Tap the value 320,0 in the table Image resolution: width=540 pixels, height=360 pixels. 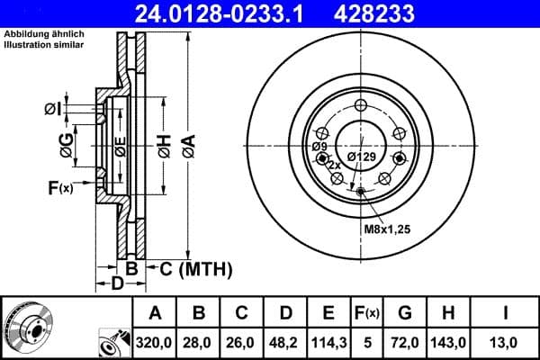click(155, 343)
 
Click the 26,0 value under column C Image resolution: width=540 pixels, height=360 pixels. click(242, 343)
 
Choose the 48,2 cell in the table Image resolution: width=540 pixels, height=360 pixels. click(285, 343)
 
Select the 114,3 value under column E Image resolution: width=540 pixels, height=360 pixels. click(328, 343)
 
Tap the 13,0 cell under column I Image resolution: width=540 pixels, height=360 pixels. click(508, 343)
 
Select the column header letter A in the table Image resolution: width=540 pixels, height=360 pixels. click(155, 313)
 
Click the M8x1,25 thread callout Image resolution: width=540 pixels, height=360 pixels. click(387, 229)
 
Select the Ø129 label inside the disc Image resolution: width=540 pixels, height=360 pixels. click(361, 156)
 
